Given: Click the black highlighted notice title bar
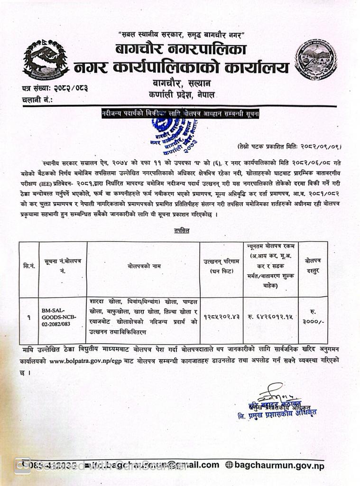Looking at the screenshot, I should click(180, 114).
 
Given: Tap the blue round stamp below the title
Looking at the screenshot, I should click(173, 135).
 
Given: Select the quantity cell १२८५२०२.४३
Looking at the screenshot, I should click(221, 315).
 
